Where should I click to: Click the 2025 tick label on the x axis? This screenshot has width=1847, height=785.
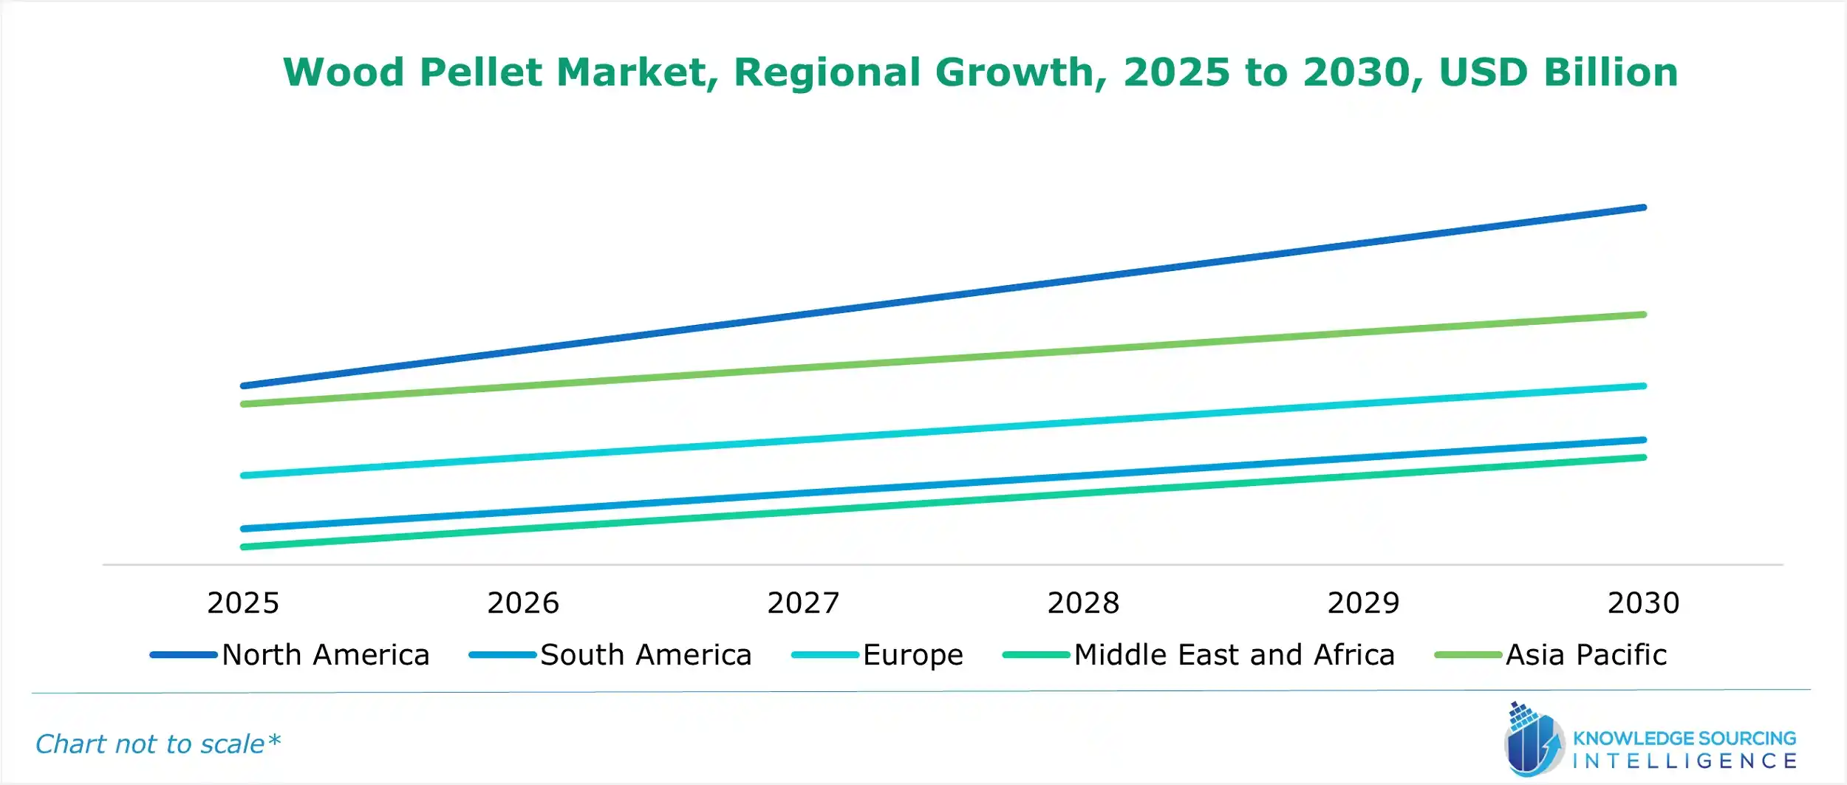click(x=243, y=603)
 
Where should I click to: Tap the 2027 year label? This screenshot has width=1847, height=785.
click(x=803, y=603)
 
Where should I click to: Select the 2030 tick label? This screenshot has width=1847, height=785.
click(x=1643, y=603)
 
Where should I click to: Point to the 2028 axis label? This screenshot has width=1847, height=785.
click(x=1083, y=603)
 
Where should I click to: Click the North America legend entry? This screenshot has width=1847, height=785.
click(x=325, y=655)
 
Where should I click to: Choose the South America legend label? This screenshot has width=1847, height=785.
click(x=645, y=655)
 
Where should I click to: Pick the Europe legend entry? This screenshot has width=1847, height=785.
click(x=912, y=655)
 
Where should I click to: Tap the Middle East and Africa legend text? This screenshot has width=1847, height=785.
click(x=1234, y=655)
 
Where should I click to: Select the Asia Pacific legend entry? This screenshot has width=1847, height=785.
click(x=1585, y=655)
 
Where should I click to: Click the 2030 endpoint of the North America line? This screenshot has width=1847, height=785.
click(x=1643, y=208)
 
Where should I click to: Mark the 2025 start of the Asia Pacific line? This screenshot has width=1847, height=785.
click(x=244, y=404)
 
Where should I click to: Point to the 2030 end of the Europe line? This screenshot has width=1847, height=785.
click(x=1643, y=386)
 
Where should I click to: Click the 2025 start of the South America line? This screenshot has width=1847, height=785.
click(x=244, y=529)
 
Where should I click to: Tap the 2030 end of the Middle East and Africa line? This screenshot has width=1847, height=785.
click(x=1643, y=458)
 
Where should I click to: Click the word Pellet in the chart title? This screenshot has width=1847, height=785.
click(x=480, y=72)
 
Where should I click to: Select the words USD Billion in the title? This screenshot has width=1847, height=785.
click(x=1558, y=72)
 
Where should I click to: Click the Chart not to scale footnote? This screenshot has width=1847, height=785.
click(x=157, y=744)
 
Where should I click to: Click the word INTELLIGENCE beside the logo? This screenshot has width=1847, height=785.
click(x=1685, y=761)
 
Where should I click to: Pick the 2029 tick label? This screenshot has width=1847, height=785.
click(x=1363, y=603)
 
